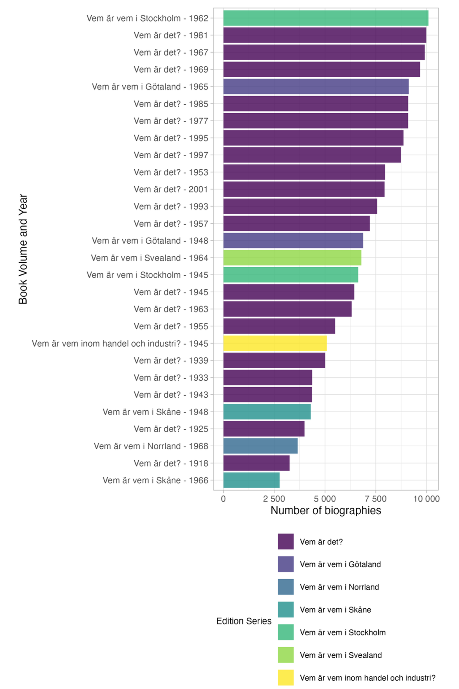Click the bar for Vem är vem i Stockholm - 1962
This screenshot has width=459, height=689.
pyautogui.click(x=325, y=18)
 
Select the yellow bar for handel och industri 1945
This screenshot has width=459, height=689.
pyautogui.click(x=275, y=343)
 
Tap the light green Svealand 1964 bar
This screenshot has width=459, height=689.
pyautogui.click(x=292, y=258)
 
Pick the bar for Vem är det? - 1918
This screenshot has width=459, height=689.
pyautogui.click(x=256, y=463)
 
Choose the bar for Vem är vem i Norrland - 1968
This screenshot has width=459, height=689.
pyautogui.click(x=260, y=446)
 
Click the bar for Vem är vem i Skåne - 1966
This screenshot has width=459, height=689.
pyautogui.click(x=251, y=480)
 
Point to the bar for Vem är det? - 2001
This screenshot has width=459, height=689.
pyautogui.click(x=303, y=189)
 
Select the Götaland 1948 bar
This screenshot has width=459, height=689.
pyautogui.click(x=293, y=241)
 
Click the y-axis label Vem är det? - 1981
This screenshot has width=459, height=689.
pyautogui.click(x=171, y=35)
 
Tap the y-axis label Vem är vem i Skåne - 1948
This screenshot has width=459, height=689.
pyautogui.click(x=155, y=412)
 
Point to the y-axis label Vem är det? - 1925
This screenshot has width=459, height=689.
pyautogui.click(x=171, y=429)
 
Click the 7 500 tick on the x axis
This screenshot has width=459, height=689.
pyautogui.click(x=376, y=499)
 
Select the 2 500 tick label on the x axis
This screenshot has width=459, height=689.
pyautogui.click(x=274, y=499)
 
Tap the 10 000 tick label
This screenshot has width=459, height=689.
pyautogui.click(x=426, y=499)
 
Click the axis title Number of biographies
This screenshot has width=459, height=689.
pyautogui.click(x=325, y=510)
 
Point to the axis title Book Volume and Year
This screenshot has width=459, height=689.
pyautogui.click(x=23, y=249)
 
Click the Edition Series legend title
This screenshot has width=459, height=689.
pyautogui.click(x=243, y=621)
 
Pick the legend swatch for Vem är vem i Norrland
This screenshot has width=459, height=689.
pyautogui.click(x=286, y=587)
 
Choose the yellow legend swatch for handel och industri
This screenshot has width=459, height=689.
pyautogui.click(x=286, y=678)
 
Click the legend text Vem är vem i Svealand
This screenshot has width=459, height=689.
pyautogui.click(x=341, y=655)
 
